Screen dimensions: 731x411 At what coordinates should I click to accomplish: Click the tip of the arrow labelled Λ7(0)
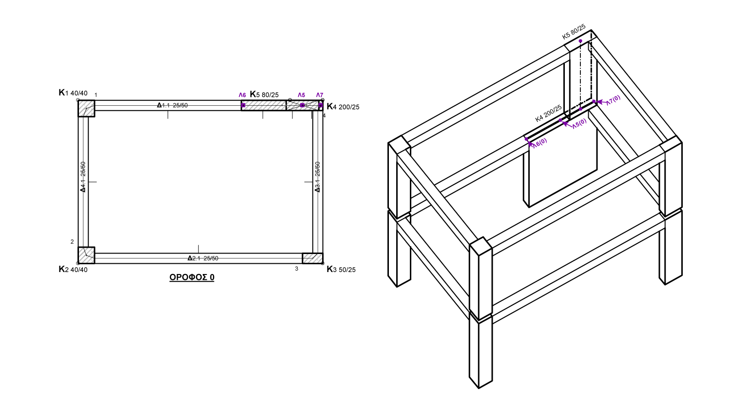pyautogui.click(x=596, y=102)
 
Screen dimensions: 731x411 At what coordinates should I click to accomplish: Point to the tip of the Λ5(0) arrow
pyautogui.click(x=562, y=122)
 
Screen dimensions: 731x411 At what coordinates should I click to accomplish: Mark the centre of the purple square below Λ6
pyautogui.click(x=243, y=105)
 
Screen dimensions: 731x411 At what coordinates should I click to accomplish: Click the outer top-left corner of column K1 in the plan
pyautogui.click(x=78, y=100)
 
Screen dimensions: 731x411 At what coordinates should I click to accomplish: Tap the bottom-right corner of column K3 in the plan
pyautogui.click(x=323, y=263)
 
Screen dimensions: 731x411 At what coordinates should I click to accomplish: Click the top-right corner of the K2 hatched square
pyautogui.click(x=95, y=247)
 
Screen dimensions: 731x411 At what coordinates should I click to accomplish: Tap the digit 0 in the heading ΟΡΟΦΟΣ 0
pyautogui.click(x=212, y=277)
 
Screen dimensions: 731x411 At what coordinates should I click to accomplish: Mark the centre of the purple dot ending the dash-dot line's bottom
pyautogui.click(x=580, y=109)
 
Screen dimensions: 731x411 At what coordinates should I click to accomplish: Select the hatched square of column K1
pyautogui.click(x=86, y=108)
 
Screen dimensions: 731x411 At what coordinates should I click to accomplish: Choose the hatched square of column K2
pyautogui.click(x=86, y=255)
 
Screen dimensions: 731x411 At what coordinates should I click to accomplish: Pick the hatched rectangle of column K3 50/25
pyautogui.click(x=313, y=258)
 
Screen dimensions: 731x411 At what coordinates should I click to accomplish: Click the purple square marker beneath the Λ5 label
pyautogui.click(x=302, y=105)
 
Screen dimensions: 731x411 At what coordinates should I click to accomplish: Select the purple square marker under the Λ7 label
pyautogui.click(x=321, y=105)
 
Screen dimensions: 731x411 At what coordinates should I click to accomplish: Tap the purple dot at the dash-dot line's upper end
pyautogui.click(x=580, y=41)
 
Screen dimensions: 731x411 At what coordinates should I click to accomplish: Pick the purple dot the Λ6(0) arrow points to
pyautogui.click(x=526, y=139)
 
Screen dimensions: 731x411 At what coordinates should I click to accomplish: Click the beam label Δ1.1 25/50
pyautogui.click(x=173, y=105)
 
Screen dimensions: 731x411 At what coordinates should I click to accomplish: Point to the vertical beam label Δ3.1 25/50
pyautogui.click(x=317, y=176)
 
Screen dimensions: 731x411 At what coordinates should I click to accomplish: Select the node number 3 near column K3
pyautogui.click(x=296, y=269)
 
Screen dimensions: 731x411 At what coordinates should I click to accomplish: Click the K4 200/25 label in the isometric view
pyautogui.click(x=549, y=113)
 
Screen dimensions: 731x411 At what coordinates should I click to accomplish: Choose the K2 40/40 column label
pyautogui.click(x=73, y=269)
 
